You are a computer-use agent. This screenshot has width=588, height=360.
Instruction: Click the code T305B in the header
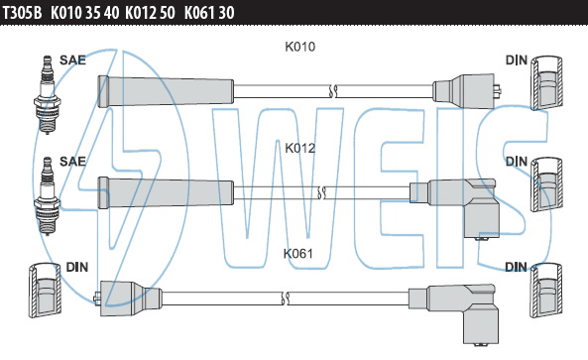pos(22,13)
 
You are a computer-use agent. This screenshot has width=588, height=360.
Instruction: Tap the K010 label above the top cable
pos(300,47)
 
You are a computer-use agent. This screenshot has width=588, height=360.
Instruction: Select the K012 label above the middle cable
pos(300,148)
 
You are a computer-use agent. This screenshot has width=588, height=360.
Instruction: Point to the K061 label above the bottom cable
pos(298,254)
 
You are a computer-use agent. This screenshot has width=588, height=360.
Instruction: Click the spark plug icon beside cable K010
pos(47,95)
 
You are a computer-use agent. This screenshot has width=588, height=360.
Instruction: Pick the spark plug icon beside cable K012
pos(48,195)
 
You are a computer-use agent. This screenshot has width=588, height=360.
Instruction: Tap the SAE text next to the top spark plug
pos(72,60)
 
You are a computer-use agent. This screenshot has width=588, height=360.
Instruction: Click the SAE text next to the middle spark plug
pos(72,162)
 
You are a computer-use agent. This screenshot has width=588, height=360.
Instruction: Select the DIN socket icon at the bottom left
pos(45,290)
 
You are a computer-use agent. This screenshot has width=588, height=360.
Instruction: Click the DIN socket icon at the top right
pos(546,83)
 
